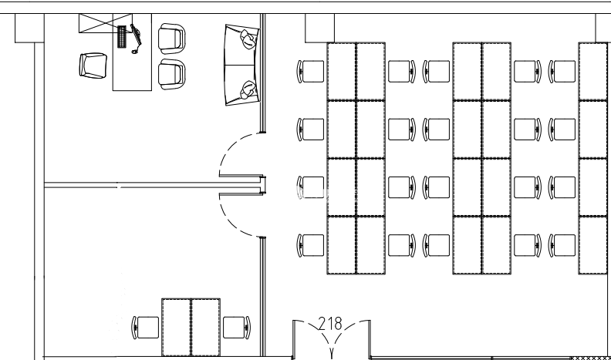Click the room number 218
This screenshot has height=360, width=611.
(x=332, y=324)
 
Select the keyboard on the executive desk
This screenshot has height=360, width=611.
(x=121, y=36)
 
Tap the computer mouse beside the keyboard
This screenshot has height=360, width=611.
(x=135, y=52)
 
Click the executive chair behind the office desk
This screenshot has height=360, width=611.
(x=93, y=64)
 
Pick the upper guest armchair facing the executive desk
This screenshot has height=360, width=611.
(x=171, y=36)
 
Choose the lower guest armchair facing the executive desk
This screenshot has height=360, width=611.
(x=171, y=72)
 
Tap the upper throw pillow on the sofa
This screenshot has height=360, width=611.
(x=248, y=38)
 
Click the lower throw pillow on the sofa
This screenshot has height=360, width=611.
(x=248, y=90)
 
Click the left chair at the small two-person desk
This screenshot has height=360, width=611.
(x=146, y=327)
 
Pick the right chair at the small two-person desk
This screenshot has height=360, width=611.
(x=236, y=327)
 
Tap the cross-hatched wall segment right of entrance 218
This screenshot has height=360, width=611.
(x=589, y=358)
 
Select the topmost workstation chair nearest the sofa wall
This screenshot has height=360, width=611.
(x=311, y=72)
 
